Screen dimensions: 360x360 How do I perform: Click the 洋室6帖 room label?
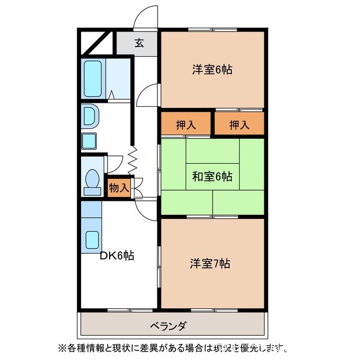click(x=213, y=70)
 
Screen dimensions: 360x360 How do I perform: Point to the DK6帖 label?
click(x=117, y=255)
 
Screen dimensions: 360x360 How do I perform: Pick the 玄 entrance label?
click(x=138, y=43)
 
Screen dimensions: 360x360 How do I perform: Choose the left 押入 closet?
click(x=186, y=124)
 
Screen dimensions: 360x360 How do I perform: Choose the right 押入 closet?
click(x=238, y=124)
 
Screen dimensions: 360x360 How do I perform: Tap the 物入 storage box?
click(x=118, y=188)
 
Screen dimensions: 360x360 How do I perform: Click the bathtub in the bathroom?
click(x=94, y=79)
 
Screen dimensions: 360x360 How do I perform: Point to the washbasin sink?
click(x=90, y=116)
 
